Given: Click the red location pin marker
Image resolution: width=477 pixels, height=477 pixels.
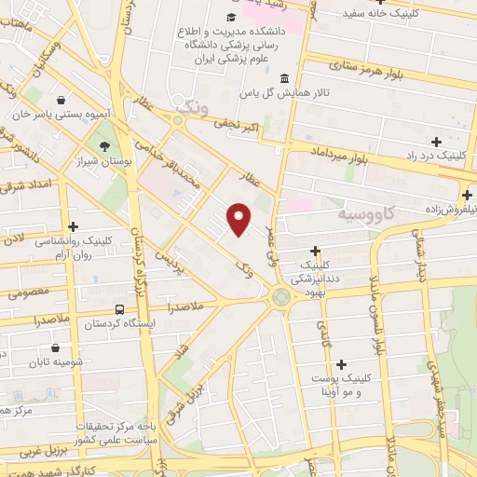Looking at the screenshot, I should pos(239,220).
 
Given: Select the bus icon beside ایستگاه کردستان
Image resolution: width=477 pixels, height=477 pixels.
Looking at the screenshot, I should pos(118,309).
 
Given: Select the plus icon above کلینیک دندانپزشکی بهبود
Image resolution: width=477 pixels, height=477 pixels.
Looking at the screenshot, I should pos(316,250).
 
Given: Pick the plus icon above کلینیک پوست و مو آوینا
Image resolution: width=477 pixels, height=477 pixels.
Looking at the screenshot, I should pos(342,364).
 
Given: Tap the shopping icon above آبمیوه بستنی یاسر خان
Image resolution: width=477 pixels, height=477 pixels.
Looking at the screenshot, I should pos(61,100).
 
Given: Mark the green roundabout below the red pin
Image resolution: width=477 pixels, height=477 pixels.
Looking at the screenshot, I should pos(279,297).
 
